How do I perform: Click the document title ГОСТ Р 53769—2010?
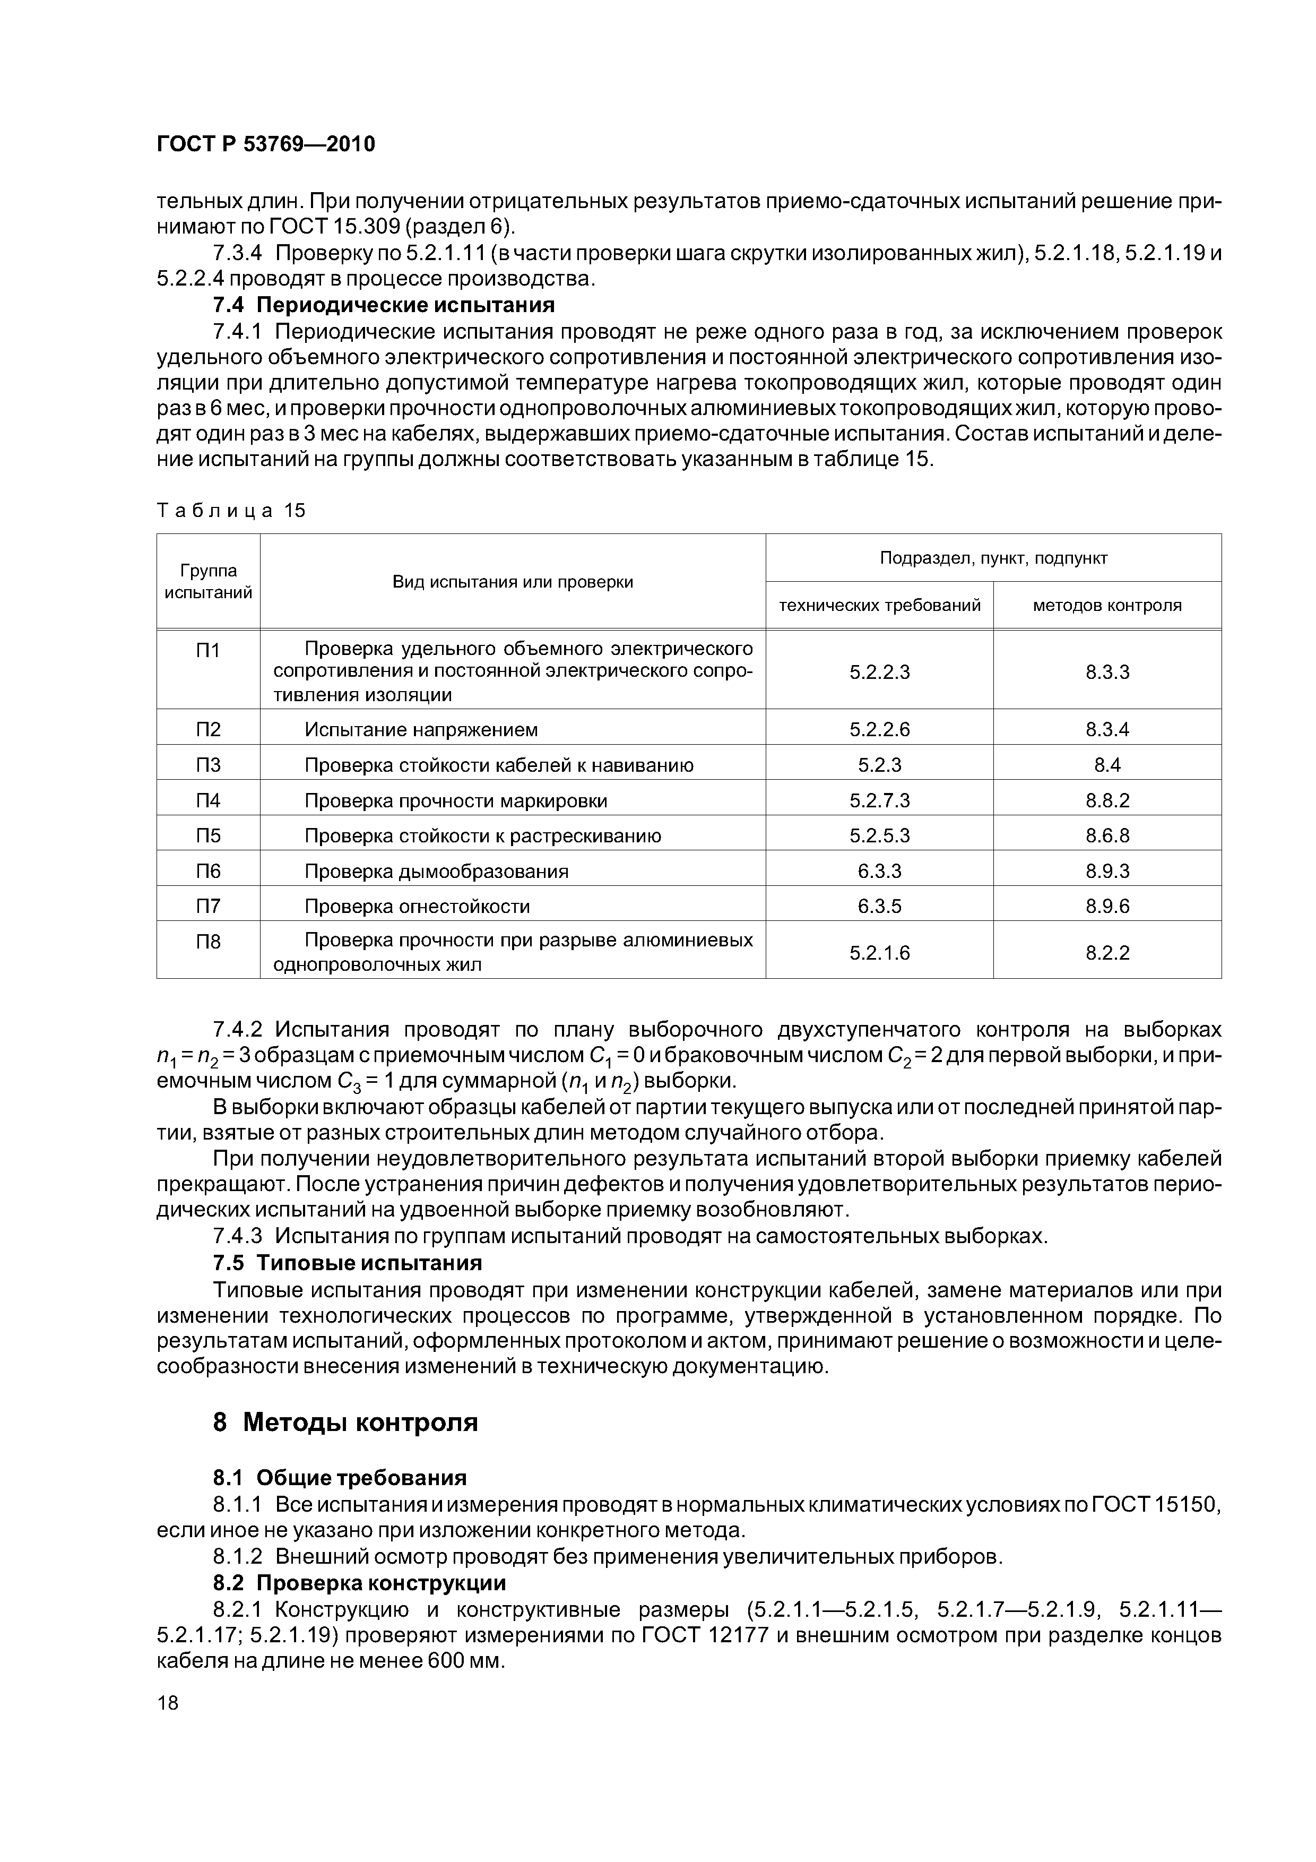[x=266, y=144]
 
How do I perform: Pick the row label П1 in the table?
[x=209, y=650]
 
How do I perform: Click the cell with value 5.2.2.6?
[x=880, y=730]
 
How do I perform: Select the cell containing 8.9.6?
[x=1107, y=906]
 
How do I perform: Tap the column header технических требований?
[x=880, y=605]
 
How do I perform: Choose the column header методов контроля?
[x=1107, y=605]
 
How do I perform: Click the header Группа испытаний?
[x=209, y=581]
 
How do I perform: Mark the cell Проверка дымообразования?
[x=436, y=871]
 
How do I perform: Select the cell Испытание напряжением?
[x=421, y=730]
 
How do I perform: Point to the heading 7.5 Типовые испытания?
[x=347, y=1263]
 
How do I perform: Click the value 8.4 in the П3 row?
[x=1107, y=765]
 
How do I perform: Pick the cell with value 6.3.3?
[x=880, y=871]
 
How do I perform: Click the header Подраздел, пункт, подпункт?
[x=993, y=558]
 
